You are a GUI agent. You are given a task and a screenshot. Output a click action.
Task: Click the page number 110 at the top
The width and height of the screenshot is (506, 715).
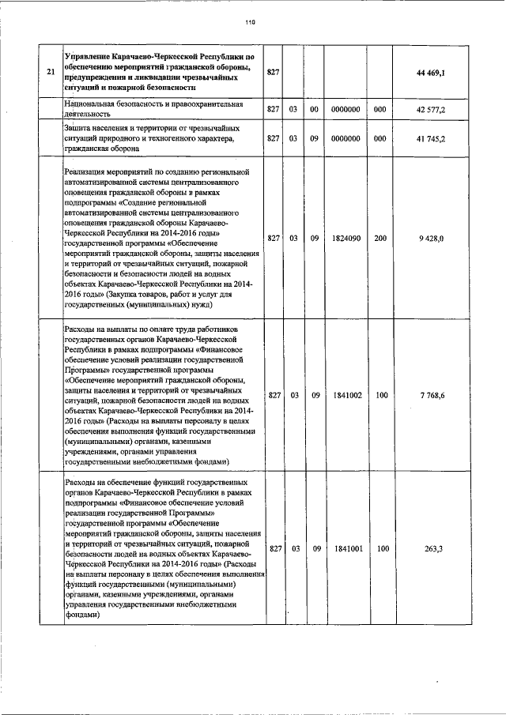coord(252,22)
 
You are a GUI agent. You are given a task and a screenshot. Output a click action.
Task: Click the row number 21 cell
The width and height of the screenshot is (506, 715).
coord(51,73)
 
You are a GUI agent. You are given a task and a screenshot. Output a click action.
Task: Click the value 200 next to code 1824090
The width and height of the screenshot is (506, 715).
coord(381,238)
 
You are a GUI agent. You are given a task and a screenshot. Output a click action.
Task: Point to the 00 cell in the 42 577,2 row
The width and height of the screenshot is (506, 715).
coord(314,109)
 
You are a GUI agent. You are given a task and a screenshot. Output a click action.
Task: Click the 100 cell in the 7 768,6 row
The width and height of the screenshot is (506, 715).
coord(381,394)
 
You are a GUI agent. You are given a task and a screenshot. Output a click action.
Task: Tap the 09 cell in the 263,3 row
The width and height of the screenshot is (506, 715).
coord(314,548)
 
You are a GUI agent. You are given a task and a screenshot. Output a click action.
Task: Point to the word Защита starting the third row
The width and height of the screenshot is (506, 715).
coord(81,127)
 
